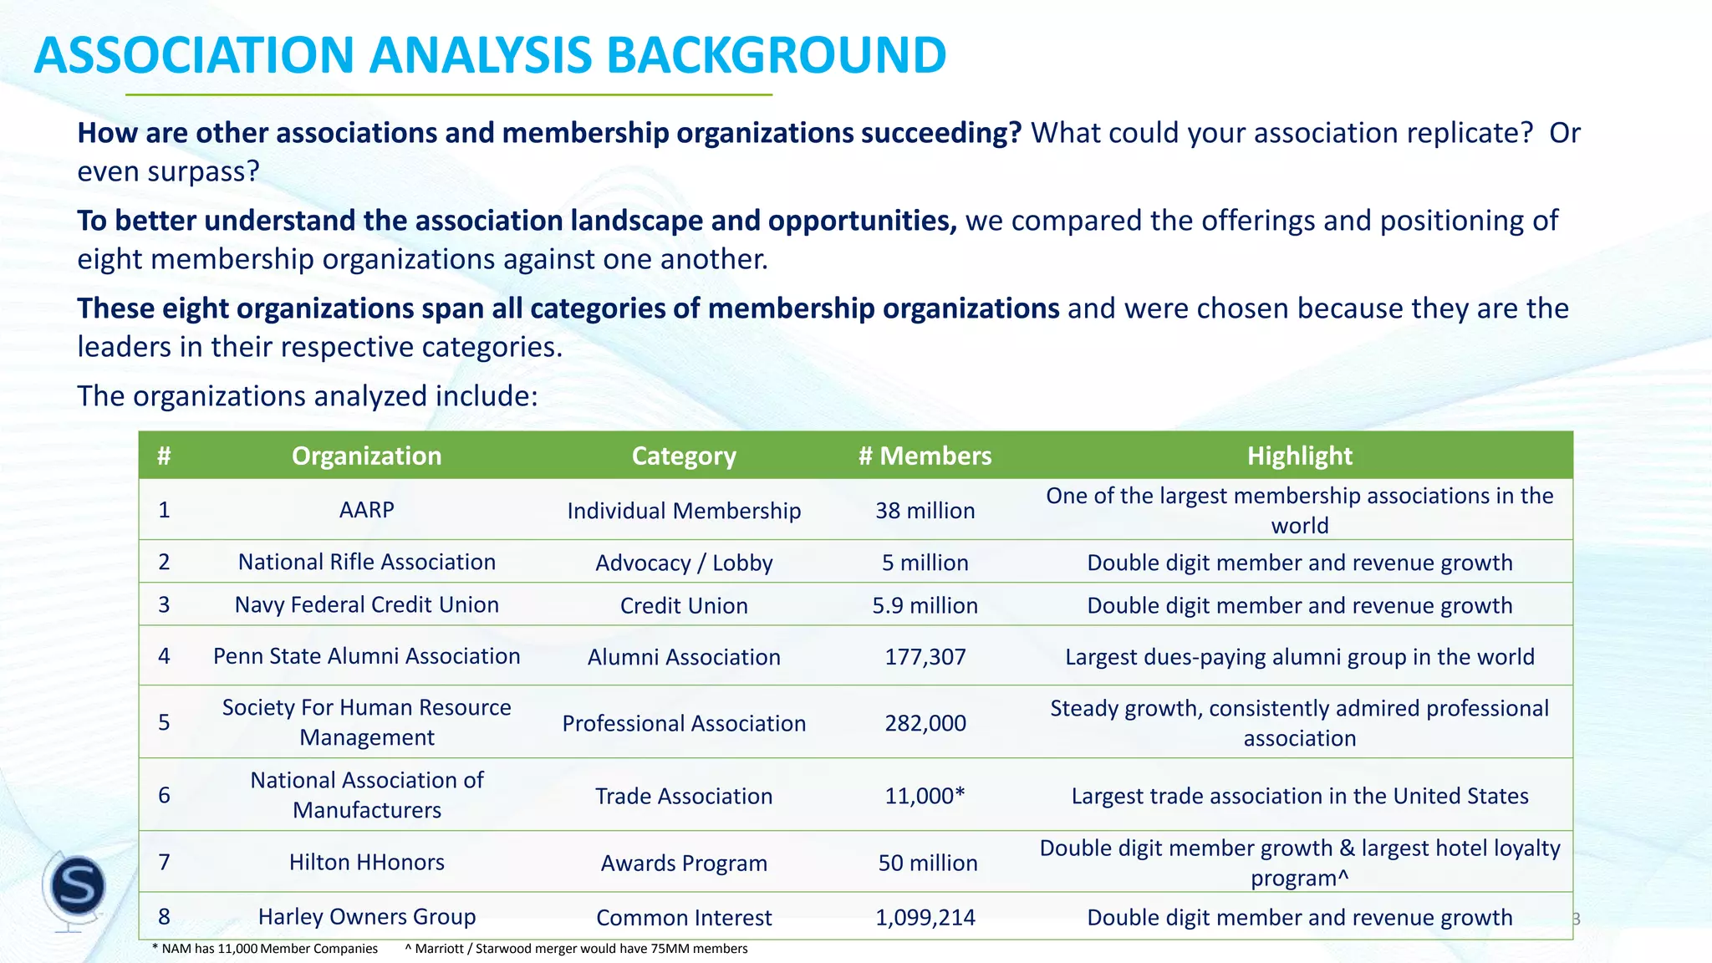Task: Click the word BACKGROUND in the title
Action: (776, 55)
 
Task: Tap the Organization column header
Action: (366, 456)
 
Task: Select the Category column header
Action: (684, 456)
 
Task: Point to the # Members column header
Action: (925, 456)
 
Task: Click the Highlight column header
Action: (1299, 456)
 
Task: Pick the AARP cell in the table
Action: (366, 510)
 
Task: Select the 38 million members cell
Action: (925, 511)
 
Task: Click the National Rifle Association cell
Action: (366, 562)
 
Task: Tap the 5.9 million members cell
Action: (925, 605)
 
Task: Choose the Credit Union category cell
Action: (684, 605)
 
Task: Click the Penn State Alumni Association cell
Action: (366, 656)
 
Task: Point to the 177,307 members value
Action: (925, 657)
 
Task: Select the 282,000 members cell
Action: (925, 723)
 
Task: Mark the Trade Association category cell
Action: (684, 796)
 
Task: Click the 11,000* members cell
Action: (925, 796)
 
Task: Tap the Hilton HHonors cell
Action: (366, 862)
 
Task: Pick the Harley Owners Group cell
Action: (366, 917)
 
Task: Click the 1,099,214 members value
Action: (925, 918)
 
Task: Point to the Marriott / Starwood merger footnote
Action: (576, 949)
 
